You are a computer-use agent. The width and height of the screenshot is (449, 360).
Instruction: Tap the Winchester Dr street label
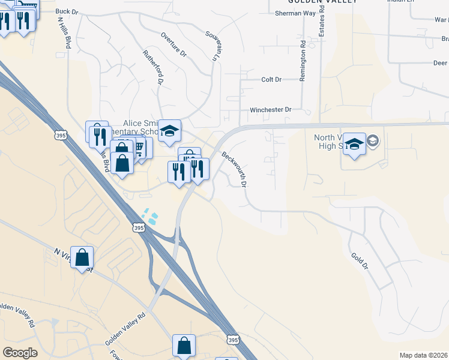point(270,110)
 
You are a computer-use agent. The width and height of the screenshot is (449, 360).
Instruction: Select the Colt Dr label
point(271,80)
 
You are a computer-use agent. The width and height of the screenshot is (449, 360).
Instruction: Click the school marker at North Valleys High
point(355,145)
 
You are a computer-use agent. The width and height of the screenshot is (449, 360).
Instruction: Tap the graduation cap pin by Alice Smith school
point(170,131)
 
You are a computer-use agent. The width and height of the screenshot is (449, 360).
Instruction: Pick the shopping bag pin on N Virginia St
point(82,258)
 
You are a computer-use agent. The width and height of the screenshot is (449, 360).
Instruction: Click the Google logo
point(20,353)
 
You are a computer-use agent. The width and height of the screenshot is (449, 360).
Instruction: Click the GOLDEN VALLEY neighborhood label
point(330,2)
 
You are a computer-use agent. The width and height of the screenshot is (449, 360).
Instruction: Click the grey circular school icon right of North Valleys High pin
point(373,141)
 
